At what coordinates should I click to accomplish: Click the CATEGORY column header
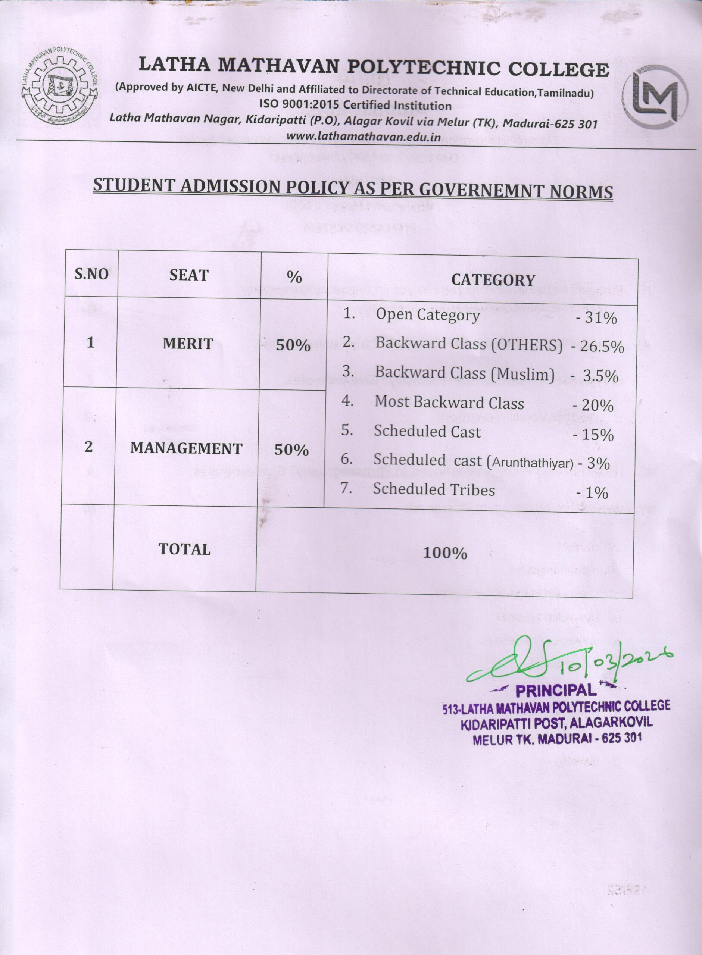(x=493, y=280)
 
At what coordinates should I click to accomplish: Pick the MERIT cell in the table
(x=188, y=344)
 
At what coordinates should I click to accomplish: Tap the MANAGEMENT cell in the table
(x=186, y=448)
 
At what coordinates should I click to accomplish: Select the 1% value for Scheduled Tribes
(x=596, y=492)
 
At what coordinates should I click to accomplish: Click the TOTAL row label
(x=184, y=549)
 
